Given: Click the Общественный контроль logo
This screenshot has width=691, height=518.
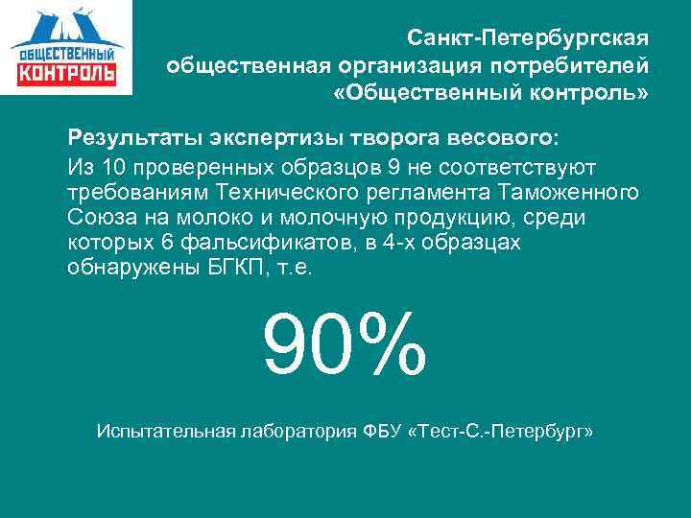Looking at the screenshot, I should [66, 47].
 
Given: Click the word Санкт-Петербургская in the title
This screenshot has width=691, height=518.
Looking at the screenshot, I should [528, 38].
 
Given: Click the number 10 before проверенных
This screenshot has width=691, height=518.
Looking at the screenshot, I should [116, 164].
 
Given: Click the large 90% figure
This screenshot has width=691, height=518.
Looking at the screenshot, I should [344, 342].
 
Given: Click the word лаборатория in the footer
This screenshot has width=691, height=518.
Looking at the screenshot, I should [298, 432].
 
